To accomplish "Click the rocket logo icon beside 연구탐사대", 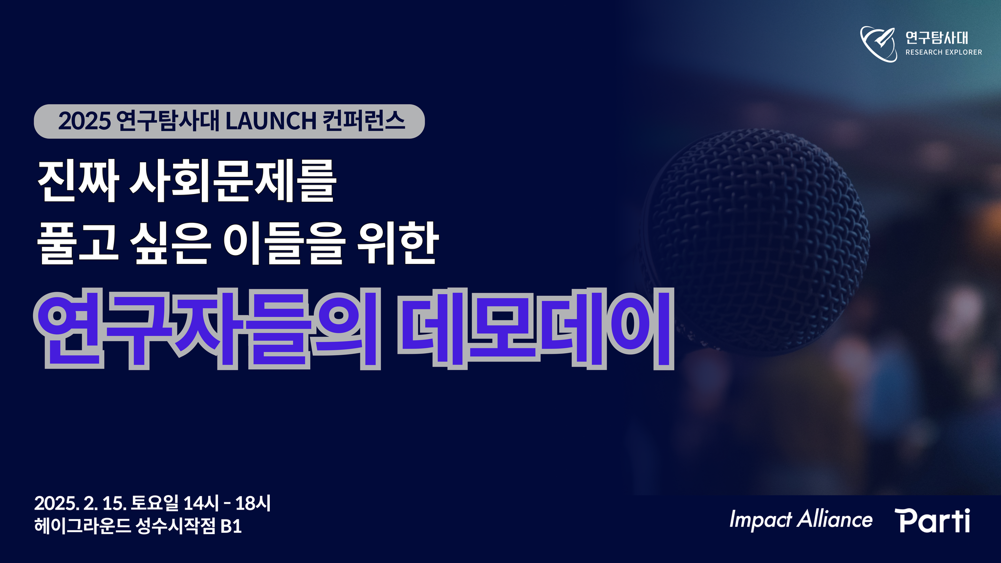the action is pos(878,44).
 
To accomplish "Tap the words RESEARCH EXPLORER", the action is pos(943,52).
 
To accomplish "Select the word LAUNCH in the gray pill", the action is pos(271,121).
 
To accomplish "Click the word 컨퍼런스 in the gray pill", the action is pos(364,121).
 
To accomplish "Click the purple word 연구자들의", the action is pos(207,329).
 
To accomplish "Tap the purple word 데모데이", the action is pos(536,329).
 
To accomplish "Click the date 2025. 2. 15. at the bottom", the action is pos(81,503).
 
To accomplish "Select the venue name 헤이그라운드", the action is pos(83,526).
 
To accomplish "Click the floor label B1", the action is pos(231,527).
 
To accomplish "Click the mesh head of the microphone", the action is pos(755,239).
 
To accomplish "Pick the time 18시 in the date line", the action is pos(253,503).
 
